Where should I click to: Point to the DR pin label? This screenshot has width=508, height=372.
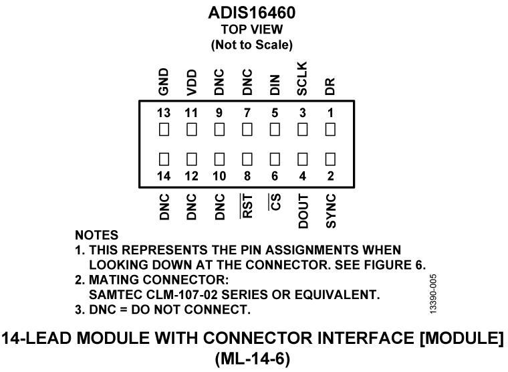330,85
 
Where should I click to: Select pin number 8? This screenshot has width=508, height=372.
247,177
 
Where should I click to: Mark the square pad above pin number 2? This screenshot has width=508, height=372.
330,161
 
